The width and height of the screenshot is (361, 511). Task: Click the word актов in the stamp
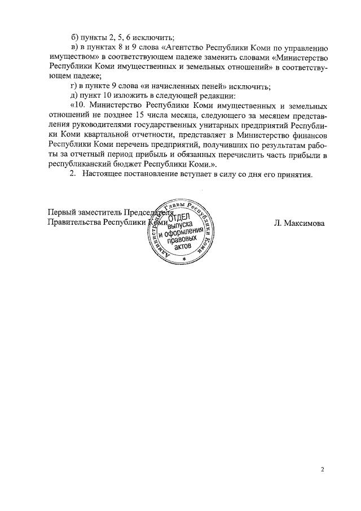click(x=184, y=247)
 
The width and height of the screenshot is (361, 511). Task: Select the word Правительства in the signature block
click(x=74, y=222)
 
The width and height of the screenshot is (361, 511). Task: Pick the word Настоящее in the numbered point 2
click(x=103, y=174)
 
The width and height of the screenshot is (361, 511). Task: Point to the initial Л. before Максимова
click(x=278, y=223)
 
